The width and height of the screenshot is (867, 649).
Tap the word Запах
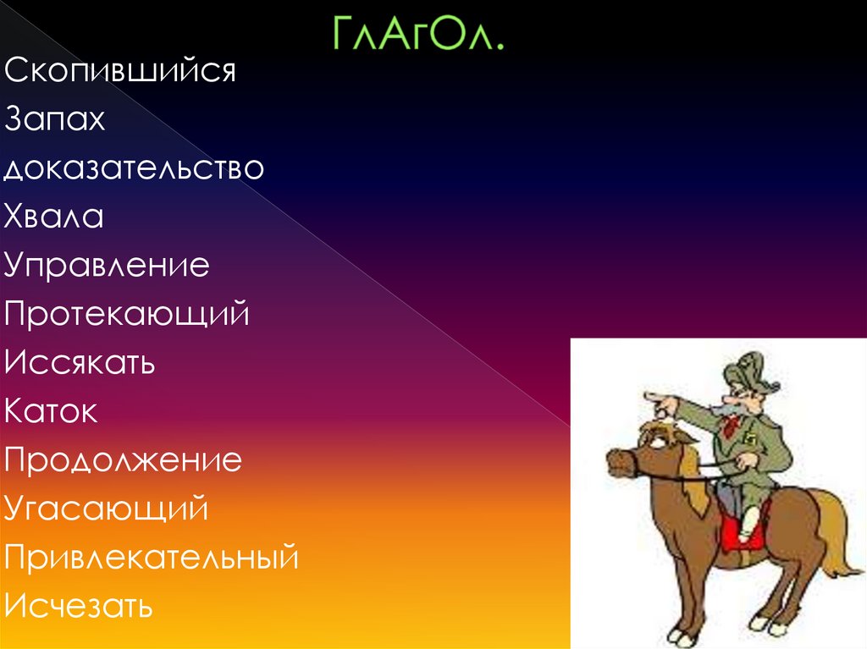click(54, 119)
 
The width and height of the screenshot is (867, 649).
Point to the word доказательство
click(134, 168)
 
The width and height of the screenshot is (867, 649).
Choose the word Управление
click(107, 266)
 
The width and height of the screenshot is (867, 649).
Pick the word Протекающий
click(127, 315)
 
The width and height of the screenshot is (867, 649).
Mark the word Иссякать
click(80, 363)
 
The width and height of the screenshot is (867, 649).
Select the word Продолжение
click(123, 461)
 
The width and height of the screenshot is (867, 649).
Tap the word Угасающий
click(106, 509)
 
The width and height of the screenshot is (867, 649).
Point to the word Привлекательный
click(152, 558)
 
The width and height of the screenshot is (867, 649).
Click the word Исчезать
click(79, 607)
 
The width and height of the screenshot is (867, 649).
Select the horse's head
click(648, 448)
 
